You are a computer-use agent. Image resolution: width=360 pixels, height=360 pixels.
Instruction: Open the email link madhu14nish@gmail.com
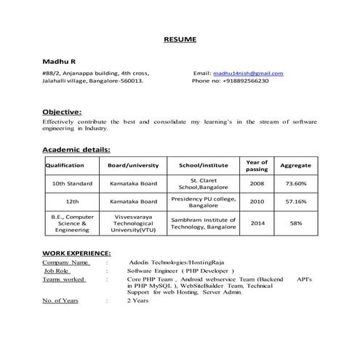click(248, 73)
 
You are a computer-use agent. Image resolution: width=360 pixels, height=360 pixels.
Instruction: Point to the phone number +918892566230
click(241, 81)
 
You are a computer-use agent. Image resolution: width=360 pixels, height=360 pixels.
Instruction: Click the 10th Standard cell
click(72, 183)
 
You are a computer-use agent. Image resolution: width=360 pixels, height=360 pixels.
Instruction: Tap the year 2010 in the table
click(257, 201)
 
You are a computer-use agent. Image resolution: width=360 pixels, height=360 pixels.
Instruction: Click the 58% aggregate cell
click(296, 223)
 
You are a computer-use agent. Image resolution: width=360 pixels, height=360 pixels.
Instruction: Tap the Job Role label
click(60, 269)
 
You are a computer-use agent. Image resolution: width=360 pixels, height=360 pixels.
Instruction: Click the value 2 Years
click(137, 300)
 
